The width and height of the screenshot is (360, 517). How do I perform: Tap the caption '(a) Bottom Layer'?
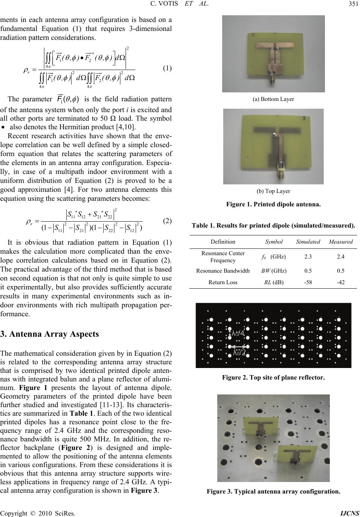point(273,99)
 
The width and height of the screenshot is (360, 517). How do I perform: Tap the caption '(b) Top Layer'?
point(273,191)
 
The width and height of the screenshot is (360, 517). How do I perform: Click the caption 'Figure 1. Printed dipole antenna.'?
point(273,204)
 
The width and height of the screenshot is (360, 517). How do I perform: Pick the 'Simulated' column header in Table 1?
point(308,242)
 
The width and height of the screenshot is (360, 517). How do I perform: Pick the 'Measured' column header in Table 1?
point(341,242)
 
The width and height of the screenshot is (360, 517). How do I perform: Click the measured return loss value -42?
point(340,282)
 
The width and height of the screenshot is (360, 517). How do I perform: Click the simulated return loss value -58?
point(308,282)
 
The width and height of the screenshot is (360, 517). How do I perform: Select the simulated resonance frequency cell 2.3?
point(308,256)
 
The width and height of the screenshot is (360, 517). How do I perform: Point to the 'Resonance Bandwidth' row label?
point(223,271)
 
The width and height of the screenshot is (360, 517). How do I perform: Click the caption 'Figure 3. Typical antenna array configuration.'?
point(273,491)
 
